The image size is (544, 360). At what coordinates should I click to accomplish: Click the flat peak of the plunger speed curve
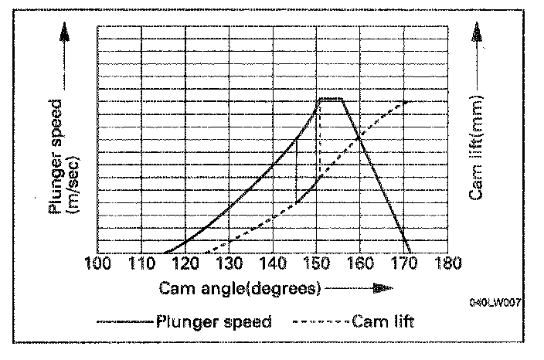click(x=331, y=98)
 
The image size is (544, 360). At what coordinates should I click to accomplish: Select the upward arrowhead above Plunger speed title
click(x=64, y=32)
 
